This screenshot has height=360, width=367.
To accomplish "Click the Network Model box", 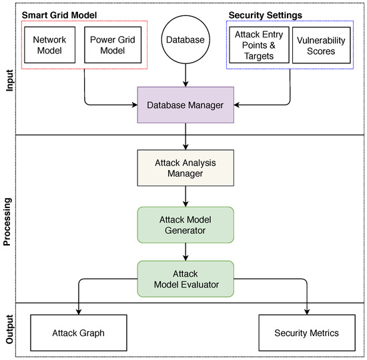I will (x=50, y=45).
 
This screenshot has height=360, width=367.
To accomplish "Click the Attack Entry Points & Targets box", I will (x=257, y=45).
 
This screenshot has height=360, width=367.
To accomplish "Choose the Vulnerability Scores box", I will (x=320, y=45).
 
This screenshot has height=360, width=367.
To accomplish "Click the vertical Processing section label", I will (x=8, y=219).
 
